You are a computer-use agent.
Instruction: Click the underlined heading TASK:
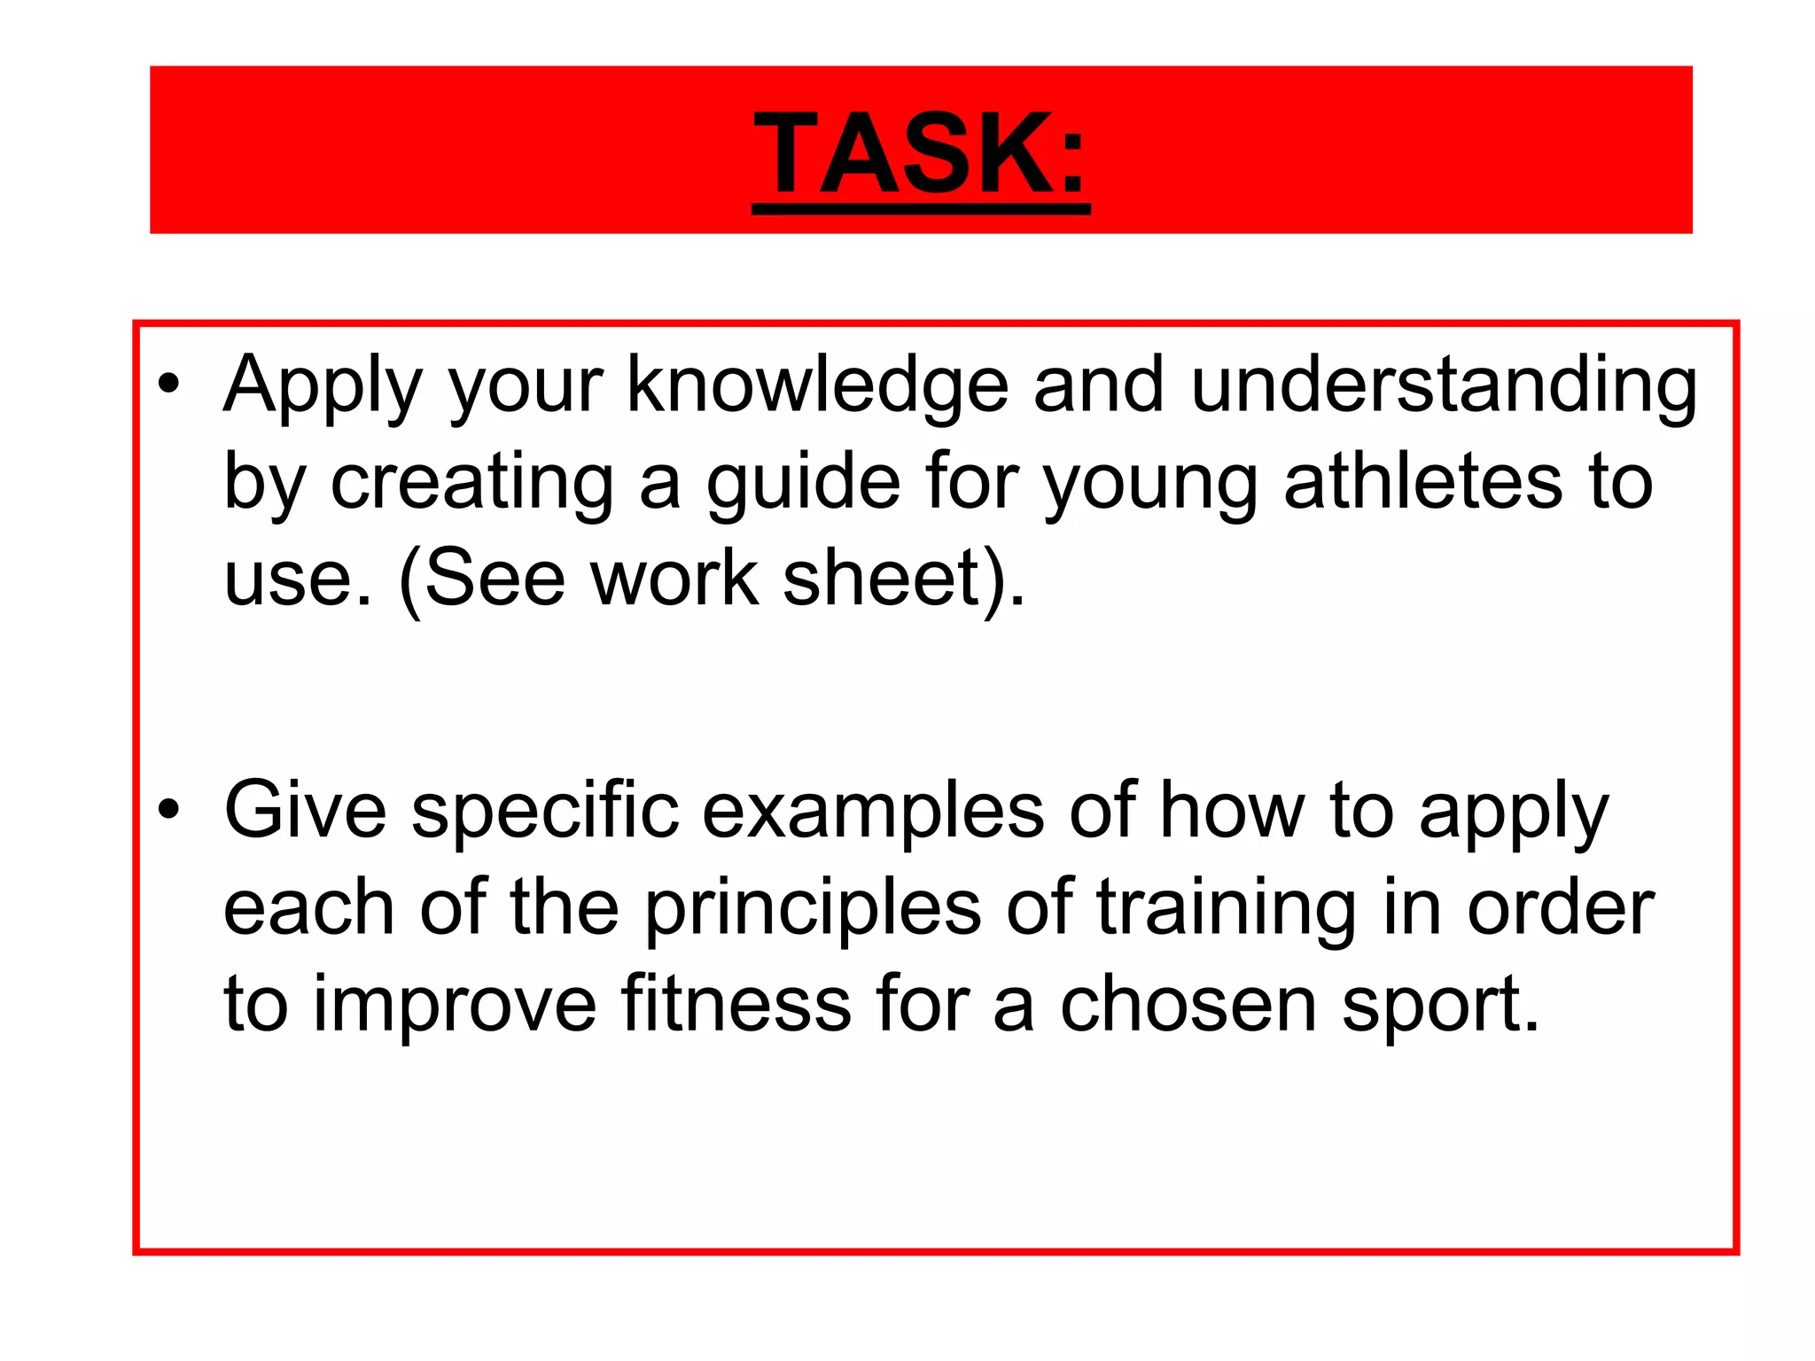point(921,153)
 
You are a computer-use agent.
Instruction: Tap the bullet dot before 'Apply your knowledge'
point(168,384)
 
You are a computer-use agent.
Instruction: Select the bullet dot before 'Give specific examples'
point(168,809)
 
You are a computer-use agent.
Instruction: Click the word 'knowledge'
point(817,386)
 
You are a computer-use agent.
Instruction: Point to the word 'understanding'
point(1444,386)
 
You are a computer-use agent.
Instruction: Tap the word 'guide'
point(803,484)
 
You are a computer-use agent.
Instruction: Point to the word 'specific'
point(545,812)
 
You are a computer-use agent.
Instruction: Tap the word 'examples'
point(873,812)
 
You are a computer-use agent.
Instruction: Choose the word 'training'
point(1226,909)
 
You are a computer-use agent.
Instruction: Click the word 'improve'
point(455,1007)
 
